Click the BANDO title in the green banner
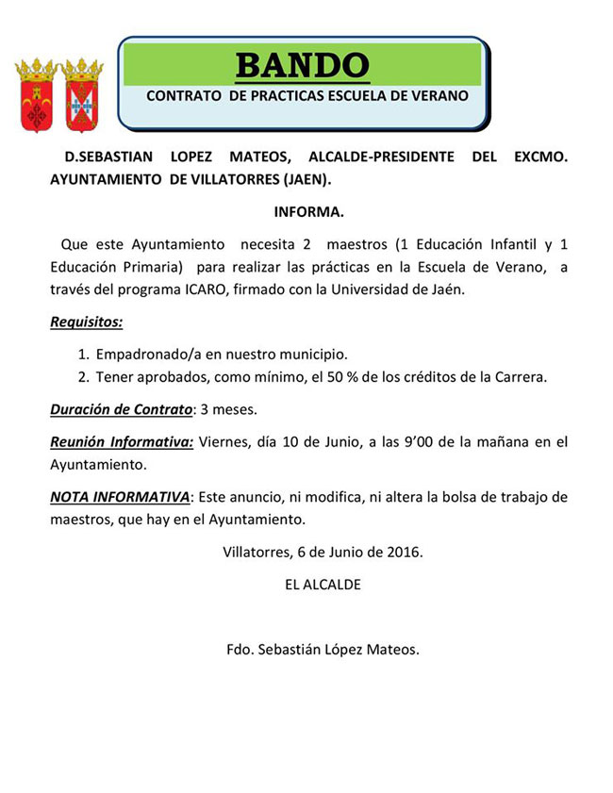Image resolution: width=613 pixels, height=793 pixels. (302, 65)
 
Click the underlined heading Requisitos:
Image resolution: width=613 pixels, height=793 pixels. (86, 322)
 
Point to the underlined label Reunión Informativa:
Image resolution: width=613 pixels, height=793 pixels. (122, 441)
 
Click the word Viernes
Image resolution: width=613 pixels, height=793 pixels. (227, 441)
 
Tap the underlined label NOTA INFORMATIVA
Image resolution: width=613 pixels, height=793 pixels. (120, 496)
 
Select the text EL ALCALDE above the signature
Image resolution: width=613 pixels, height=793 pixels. (323, 585)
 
